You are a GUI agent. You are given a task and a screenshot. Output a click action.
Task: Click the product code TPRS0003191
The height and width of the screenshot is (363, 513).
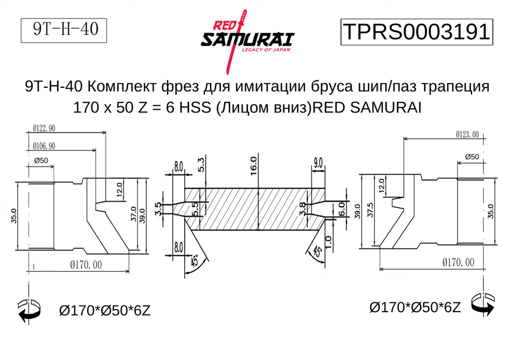pos(416,32)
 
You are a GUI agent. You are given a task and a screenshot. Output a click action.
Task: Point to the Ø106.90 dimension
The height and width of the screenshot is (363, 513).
pos(44,146)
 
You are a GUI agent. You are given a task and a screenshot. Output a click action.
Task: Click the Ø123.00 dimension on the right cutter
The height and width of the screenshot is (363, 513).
pos(467,135)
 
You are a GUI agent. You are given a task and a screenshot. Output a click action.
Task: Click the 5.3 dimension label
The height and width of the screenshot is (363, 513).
pos(201,165)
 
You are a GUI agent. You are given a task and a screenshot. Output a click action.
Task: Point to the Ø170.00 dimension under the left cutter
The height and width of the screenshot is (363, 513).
pos(86,264)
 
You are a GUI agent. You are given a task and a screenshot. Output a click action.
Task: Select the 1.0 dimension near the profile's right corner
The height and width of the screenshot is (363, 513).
pos(328,240)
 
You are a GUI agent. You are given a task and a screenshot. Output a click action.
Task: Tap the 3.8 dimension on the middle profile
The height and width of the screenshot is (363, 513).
pos(303,208)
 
